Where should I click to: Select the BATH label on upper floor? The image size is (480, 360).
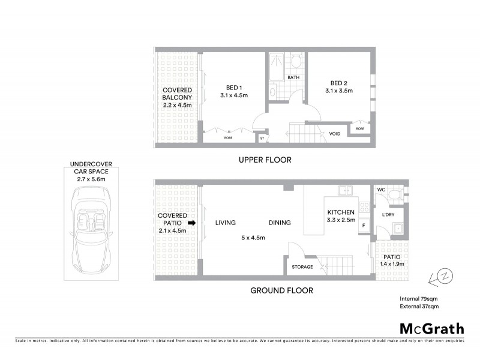[293, 78]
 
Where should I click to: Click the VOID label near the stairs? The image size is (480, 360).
[335, 133]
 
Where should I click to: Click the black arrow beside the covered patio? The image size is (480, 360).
[192, 223]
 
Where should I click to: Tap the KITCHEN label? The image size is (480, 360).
[341, 212]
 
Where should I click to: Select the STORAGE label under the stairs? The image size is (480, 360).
[302, 267]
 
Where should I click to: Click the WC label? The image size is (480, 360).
[381, 190]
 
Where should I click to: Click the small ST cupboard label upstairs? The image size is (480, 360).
[262, 139]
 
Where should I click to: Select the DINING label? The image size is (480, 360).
[280, 223]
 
